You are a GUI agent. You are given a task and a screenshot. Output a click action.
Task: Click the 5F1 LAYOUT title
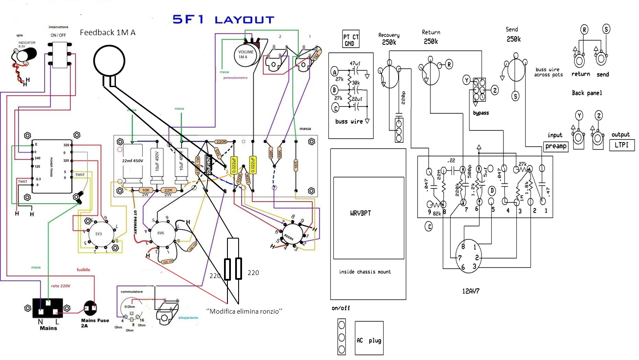(x=223, y=20)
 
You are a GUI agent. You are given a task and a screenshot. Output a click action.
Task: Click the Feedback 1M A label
(x=107, y=33)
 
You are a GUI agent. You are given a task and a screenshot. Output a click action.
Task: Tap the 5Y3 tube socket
(x=99, y=234)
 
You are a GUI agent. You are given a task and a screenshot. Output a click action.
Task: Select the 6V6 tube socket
(x=161, y=233)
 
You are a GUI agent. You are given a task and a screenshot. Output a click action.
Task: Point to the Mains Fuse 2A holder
(x=91, y=308)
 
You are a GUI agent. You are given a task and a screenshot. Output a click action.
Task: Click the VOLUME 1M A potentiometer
(x=246, y=54)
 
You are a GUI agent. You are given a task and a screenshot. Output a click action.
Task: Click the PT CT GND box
(x=351, y=39)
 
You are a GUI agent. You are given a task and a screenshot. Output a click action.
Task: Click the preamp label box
(x=556, y=146)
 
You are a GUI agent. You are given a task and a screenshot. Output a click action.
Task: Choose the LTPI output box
(x=621, y=145)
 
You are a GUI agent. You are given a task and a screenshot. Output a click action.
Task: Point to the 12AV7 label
(x=471, y=291)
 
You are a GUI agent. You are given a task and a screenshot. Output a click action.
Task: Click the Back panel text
(x=587, y=93)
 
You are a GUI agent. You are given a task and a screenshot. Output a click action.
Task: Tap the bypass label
(x=481, y=113)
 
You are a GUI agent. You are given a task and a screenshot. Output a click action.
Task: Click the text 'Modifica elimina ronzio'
(x=244, y=311)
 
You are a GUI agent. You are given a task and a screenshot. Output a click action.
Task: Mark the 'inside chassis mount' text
(x=365, y=272)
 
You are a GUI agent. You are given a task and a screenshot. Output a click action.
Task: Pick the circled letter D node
(x=492, y=191)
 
